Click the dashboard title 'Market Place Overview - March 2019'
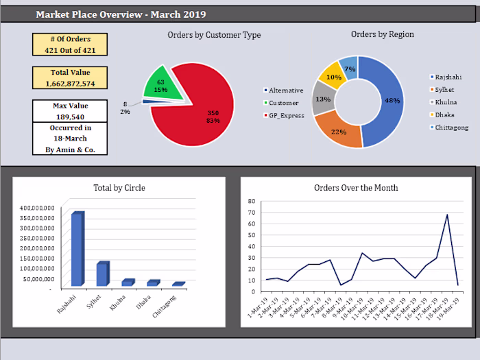(120, 14)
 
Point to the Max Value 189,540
(71, 117)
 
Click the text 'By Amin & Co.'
(71, 149)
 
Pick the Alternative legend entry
(286, 91)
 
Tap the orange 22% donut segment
(337, 131)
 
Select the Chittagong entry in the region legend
(451, 128)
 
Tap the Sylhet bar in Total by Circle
(102, 274)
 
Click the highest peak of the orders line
(447, 215)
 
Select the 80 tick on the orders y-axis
(251, 202)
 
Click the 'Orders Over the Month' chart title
(356, 188)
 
